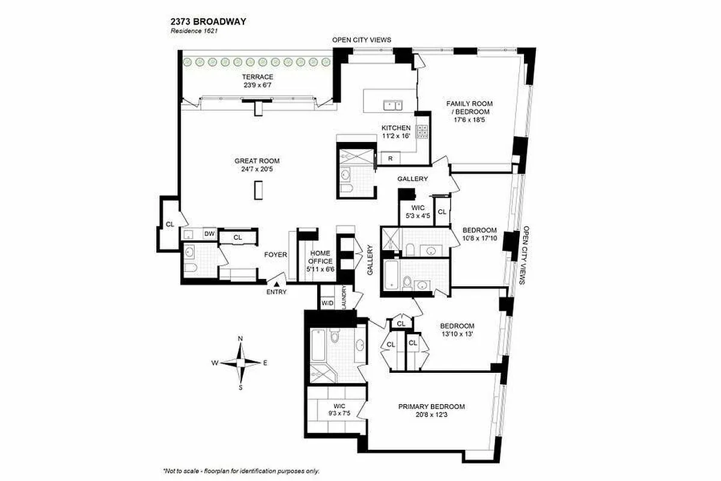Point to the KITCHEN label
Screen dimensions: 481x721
coord(396,132)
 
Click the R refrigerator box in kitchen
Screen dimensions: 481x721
coord(391,159)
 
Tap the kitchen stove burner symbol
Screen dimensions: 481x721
coord(422,132)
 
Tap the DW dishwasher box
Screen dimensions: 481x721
coord(209,233)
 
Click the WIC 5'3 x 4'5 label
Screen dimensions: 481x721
coord(418,212)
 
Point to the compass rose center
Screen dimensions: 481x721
coord(240,363)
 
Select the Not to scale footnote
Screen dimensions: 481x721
coord(241,471)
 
